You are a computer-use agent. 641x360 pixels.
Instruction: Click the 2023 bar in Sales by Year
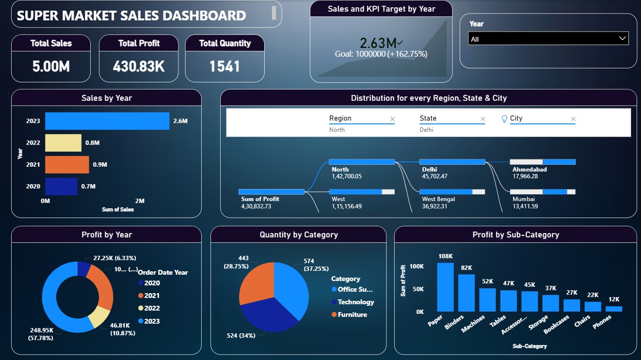(107, 121)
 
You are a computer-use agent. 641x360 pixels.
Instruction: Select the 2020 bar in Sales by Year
(61, 187)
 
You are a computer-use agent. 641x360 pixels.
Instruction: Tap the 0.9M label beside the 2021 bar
(100, 165)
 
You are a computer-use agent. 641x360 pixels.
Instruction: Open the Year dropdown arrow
(623, 39)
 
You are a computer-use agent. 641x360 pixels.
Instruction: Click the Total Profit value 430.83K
(139, 66)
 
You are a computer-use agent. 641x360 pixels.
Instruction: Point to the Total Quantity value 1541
(224, 66)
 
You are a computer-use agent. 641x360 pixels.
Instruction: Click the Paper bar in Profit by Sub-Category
(446, 287)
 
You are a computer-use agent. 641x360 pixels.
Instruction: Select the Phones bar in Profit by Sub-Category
(613, 309)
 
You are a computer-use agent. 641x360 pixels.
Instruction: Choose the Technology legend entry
(355, 302)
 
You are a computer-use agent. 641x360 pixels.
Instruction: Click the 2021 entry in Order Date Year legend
(152, 296)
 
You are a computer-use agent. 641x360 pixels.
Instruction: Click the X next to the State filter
(482, 119)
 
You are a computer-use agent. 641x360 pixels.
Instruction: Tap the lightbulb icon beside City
(504, 119)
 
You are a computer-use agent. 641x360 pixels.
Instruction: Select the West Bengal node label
(438, 199)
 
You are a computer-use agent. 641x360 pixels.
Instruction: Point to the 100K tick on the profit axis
(417, 266)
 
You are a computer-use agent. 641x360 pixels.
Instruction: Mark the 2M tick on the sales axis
(140, 201)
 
